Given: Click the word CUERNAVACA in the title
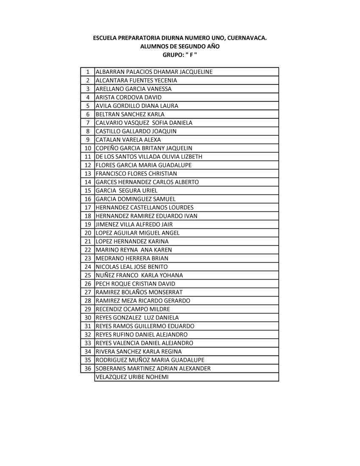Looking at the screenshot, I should click(x=246, y=38).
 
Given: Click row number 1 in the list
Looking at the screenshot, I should click(x=88, y=72).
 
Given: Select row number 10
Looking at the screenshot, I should click(x=88, y=148).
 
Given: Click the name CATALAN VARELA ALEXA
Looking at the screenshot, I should click(x=128, y=140).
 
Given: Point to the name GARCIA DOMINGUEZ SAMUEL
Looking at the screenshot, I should click(x=136, y=199).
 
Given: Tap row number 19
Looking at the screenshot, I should click(x=88, y=225).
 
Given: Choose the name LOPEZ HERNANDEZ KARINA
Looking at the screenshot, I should click(x=132, y=241).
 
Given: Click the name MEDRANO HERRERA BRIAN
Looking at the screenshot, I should click(x=132, y=258).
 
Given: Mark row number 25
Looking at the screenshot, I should click(x=88, y=275).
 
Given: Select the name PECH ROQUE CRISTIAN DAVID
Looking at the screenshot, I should click(x=136, y=284).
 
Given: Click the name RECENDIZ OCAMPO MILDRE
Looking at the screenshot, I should click(x=133, y=309).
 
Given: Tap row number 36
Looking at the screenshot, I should click(x=88, y=369).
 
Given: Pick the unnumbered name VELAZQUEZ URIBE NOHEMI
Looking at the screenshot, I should click(x=132, y=377).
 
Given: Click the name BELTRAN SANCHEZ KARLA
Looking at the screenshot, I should click(x=130, y=114).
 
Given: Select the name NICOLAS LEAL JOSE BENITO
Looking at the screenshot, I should click(x=132, y=267).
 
